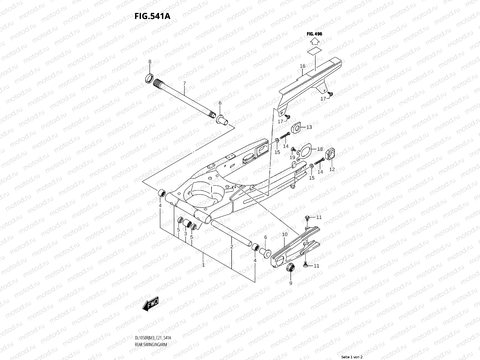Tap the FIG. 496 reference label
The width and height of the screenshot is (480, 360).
point(314,34)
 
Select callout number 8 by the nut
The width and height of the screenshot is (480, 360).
point(150,62)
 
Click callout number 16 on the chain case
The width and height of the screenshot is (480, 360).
point(302,66)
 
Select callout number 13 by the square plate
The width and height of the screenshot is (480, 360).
point(309,127)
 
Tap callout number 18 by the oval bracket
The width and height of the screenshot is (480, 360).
point(320,149)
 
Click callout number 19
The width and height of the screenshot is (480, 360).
point(292,157)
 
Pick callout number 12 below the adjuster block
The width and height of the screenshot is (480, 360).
point(332,169)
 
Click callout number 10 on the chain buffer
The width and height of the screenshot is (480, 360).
point(285,234)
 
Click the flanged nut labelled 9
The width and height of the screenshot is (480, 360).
point(291,268)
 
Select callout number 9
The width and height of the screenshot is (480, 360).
point(290,283)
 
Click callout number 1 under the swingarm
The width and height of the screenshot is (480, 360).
point(203,265)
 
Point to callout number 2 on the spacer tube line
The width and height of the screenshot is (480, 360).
point(232,247)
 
